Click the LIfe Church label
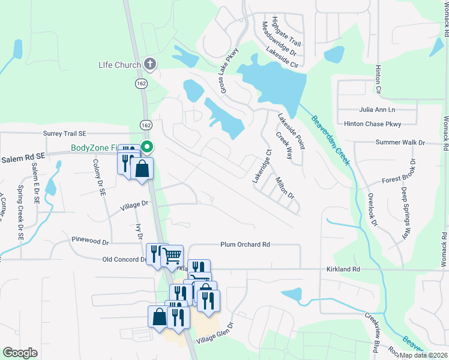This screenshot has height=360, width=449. (x=119, y=65)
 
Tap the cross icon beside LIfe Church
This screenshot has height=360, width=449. (x=150, y=64)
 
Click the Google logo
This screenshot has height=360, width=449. (x=20, y=353)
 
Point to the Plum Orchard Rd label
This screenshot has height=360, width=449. (x=245, y=245)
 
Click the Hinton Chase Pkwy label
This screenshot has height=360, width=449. (x=372, y=124)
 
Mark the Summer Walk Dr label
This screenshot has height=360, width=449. (x=400, y=143)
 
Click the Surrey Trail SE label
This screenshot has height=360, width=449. (x=65, y=134)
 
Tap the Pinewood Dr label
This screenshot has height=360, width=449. (x=89, y=243)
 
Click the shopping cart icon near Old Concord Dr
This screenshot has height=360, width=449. (x=172, y=256)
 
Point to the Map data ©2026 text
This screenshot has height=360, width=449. (x=423, y=355)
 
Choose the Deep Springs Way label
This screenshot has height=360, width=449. (x=407, y=213)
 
